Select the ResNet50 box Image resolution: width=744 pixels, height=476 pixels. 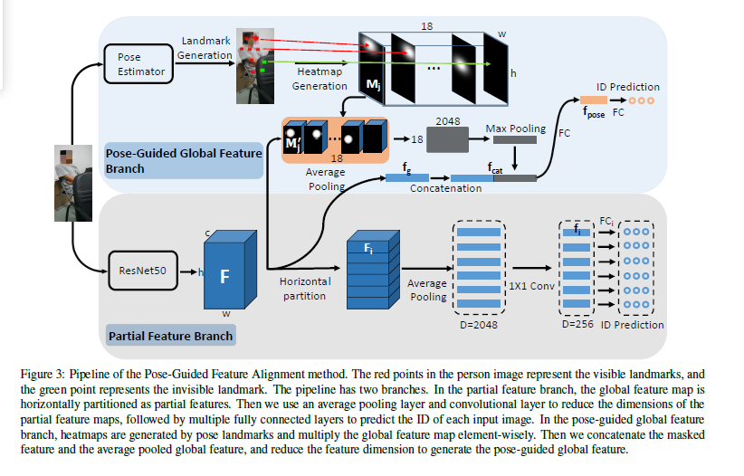point(138,271)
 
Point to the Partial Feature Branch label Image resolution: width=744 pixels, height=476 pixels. point(169,336)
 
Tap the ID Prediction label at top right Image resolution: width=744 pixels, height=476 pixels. point(628,87)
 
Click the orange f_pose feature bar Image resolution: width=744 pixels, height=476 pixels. point(594,100)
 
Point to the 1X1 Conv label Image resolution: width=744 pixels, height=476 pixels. point(532,285)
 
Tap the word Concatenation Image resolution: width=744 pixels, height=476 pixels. point(447,189)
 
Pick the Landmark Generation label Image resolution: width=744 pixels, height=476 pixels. point(206,47)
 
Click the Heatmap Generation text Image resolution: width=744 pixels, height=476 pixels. point(320,79)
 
